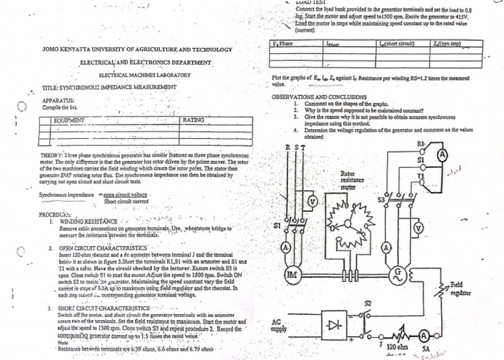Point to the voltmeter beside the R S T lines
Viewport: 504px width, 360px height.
coord(312,201)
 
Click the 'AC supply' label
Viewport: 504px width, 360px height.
coord(279,325)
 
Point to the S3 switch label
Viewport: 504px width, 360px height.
coord(381,199)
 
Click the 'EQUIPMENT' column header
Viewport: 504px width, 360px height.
coord(70,121)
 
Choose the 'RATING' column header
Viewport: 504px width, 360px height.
coord(194,121)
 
